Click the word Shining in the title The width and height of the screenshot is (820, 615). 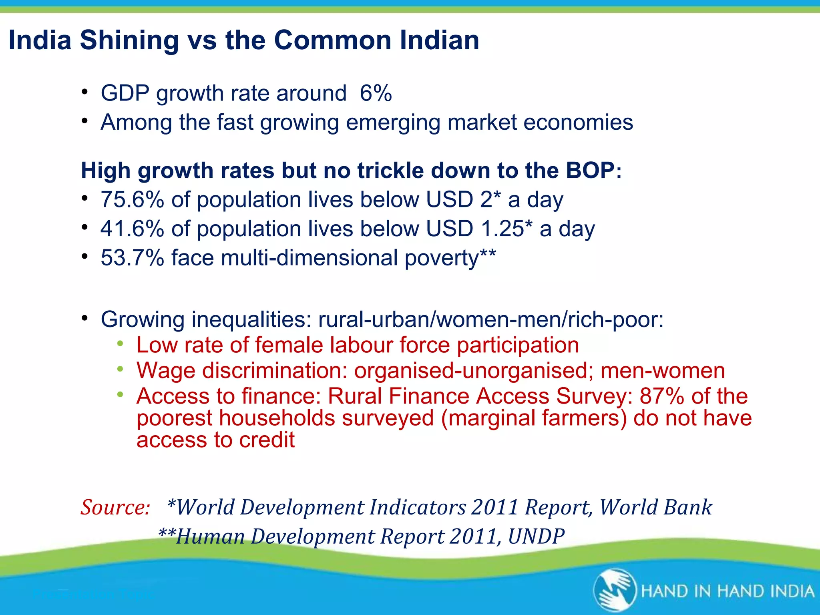click(x=129, y=40)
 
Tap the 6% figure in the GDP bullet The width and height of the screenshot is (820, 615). click(x=376, y=93)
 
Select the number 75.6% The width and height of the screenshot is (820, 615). click(x=132, y=199)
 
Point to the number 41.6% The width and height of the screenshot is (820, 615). click(x=132, y=229)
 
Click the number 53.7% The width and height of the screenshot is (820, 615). click(x=132, y=257)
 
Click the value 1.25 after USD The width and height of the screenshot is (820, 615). click(x=502, y=229)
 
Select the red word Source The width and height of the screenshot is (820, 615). click(x=115, y=507)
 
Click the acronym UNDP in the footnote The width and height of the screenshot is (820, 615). click(x=536, y=537)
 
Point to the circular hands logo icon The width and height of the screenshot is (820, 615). click(x=615, y=590)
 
